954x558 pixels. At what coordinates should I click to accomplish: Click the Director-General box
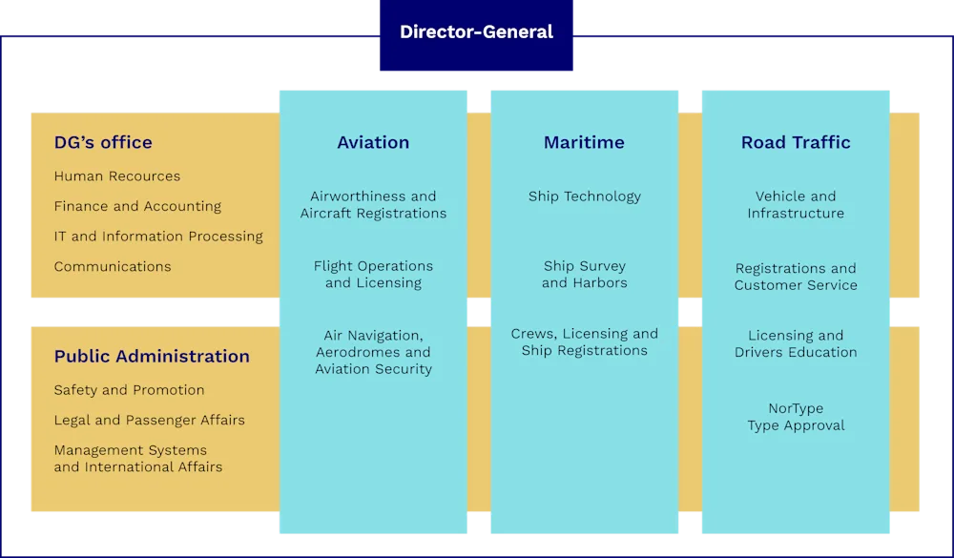tap(477, 32)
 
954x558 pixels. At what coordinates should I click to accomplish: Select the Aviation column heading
tap(373, 143)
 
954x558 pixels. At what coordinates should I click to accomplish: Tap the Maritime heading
tap(584, 143)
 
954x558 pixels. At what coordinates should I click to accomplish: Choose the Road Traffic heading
tap(796, 143)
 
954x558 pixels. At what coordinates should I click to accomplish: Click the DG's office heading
tap(103, 143)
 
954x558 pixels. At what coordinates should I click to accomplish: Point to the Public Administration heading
tap(152, 357)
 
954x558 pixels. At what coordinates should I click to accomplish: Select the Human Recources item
tap(117, 176)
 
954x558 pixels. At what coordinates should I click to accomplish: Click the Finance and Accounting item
tap(137, 206)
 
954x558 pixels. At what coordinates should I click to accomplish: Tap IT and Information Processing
tap(158, 237)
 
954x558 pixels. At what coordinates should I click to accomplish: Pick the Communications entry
tap(113, 267)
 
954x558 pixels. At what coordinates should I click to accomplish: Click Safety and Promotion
tap(129, 390)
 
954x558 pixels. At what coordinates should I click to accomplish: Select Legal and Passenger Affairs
tap(149, 421)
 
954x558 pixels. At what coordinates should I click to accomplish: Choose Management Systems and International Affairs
tap(137, 459)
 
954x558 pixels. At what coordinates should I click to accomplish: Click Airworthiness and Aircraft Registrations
tap(373, 205)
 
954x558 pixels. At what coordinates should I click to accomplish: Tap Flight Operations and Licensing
tap(373, 275)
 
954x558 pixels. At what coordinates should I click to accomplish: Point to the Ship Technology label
tap(585, 196)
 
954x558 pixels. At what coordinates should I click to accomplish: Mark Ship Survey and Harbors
tap(585, 275)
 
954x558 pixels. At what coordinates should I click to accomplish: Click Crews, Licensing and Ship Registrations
tap(585, 342)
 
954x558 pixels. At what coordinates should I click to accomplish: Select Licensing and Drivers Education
tap(796, 344)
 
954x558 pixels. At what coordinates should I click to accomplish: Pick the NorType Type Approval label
tap(796, 418)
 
